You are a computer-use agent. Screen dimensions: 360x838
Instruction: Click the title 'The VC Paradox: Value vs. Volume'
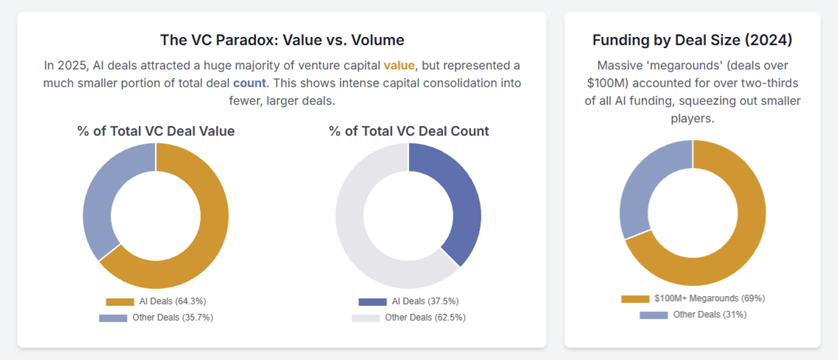click(282, 40)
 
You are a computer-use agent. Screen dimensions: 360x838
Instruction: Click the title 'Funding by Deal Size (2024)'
click(692, 40)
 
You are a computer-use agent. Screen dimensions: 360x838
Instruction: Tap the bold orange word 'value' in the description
click(399, 66)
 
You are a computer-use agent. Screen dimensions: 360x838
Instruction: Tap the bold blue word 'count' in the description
click(249, 83)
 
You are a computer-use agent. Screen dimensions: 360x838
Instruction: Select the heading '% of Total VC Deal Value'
click(156, 131)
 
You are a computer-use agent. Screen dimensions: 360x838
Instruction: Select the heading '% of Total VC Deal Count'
click(409, 131)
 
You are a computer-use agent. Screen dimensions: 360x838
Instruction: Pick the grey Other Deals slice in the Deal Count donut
click(358, 243)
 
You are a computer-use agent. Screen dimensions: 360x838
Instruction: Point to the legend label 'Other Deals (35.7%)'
click(173, 318)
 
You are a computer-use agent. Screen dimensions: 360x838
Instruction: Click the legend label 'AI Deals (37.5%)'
click(425, 301)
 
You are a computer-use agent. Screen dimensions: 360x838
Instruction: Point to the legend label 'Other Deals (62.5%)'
click(425, 318)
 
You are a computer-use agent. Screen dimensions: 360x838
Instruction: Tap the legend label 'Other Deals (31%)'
click(710, 314)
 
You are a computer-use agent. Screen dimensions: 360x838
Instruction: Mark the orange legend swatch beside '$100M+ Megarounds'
click(635, 299)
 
